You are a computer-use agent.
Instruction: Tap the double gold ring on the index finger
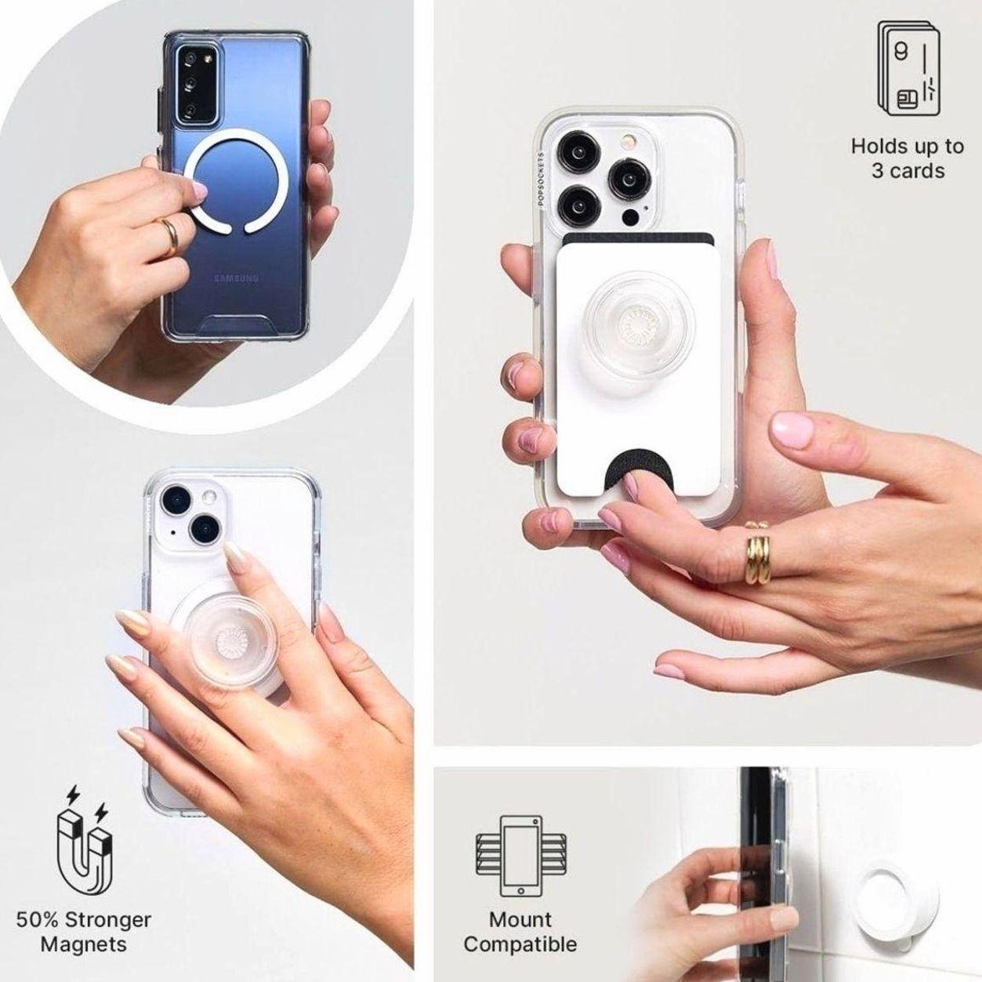tap(758, 553)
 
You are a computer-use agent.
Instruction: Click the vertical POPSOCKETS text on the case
tap(542, 178)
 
